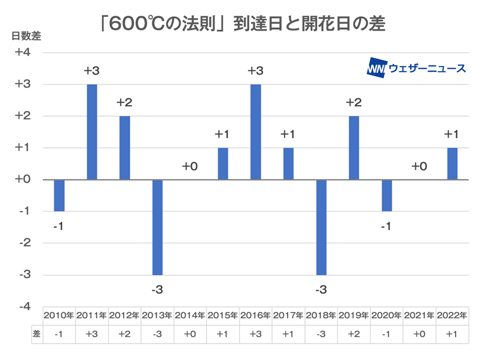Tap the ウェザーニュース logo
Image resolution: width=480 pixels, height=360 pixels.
(x=417, y=68)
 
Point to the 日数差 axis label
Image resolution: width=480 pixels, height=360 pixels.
(x=26, y=36)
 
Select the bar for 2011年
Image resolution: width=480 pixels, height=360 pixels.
(x=92, y=132)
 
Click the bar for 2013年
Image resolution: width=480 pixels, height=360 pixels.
(x=157, y=227)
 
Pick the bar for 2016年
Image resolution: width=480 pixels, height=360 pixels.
(x=255, y=132)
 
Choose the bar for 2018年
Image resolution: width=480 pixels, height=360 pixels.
(x=321, y=227)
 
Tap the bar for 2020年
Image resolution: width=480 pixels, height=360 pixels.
(x=387, y=195)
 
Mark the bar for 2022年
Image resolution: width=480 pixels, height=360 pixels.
(x=452, y=164)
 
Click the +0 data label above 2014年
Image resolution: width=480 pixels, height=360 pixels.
(x=190, y=166)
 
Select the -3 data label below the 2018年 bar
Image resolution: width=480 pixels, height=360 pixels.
(x=321, y=290)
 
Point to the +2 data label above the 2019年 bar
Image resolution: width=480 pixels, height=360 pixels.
(x=354, y=103)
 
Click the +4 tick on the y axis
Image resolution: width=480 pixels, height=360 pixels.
(x=23, y=53)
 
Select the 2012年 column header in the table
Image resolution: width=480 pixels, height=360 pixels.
(x=125, y=315)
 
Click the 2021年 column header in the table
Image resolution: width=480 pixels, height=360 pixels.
(x=419, y=315)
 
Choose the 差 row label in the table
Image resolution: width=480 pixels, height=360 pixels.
(x=37, y=335)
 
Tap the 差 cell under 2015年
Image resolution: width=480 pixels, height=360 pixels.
(x=222, y=335)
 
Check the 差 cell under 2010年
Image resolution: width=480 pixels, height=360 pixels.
(x=59, y=335)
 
